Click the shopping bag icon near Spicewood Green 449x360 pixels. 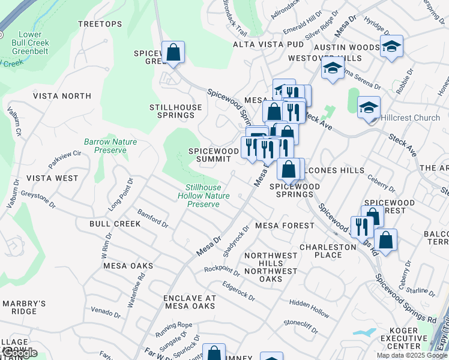(x=173, y=52)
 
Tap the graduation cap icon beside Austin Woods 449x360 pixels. (x=391, y=46)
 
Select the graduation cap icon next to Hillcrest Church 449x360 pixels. (x=369, y=108)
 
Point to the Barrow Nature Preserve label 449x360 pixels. (x=110, y=146)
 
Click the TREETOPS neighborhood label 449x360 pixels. (x=100, y=24)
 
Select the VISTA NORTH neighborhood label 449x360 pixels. (x=62, y=96)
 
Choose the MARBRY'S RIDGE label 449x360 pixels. (x=24, y=307)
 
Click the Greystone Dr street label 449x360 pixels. (x=38, y=199)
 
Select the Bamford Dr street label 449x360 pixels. (x=152, y=218)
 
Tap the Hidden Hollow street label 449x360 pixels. (x=309, y=308)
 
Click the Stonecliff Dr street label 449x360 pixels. (x=301, y=326)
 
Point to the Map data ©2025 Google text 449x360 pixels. (x=411, y=355)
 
